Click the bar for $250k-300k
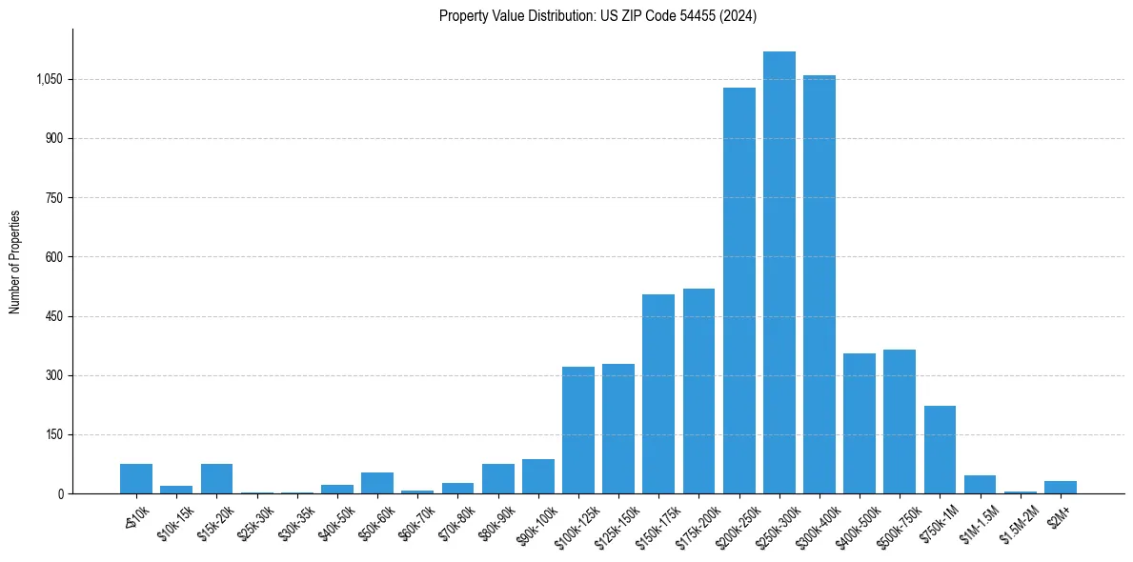[779, 272]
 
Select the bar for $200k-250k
[739, 291]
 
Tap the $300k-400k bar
[819, 284]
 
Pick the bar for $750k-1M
[940, 450]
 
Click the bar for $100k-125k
[578, 430]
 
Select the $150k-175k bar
[658, 393]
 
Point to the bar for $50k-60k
[377, 483]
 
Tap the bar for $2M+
[1060, 487]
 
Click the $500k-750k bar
[900, 421]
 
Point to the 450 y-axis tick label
[54, 316]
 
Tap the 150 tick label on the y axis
[54, 435]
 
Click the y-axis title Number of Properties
[15, 262]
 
